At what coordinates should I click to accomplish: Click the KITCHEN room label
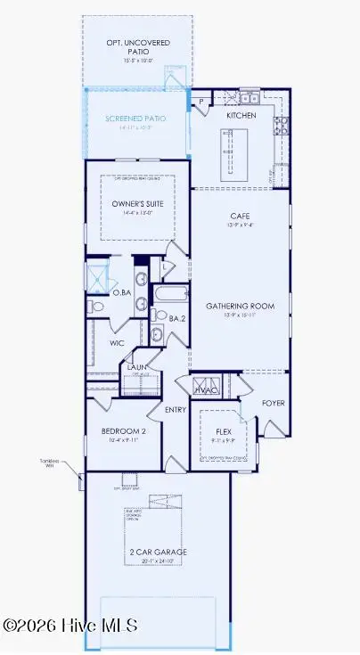click(241, 116)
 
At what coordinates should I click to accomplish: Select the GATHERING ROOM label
click(240, 306)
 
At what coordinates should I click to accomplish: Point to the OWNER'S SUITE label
click(137, 204)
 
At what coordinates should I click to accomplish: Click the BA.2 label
click(177, 318)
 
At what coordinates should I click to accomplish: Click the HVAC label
click(207, 389)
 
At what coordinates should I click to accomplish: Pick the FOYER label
click(273, 403)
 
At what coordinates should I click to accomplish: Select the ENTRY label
click(176, 409)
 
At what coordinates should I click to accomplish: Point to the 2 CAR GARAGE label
click(156, 553)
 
